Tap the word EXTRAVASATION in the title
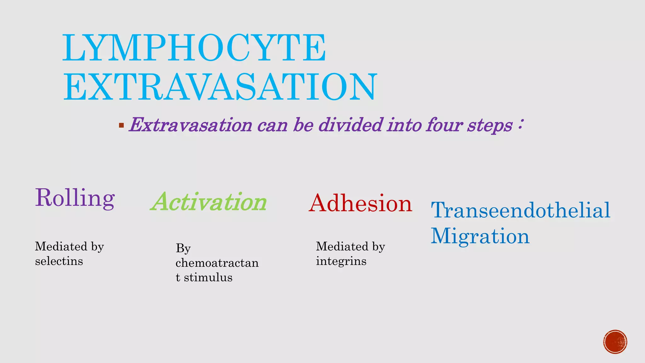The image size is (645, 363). click(220, 87)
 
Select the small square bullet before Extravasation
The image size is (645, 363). click(121, 125)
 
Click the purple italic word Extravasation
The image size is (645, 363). click(191, 125)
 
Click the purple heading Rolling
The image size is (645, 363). click(75, 198)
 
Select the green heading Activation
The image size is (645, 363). click(209, 202)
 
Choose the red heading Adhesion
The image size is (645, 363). click(360, 203)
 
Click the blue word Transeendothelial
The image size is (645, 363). click(520, 210)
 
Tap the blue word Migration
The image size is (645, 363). click(480, 236)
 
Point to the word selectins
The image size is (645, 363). click(59, 261)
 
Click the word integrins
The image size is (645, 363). click(341, 261)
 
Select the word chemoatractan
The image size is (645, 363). click(217, 263)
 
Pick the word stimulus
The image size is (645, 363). click(208, 278)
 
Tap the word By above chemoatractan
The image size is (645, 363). click(183, 248)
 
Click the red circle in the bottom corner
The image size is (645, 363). click(615, 342)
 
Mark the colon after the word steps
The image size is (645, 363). click(520, 124)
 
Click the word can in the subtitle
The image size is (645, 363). click(272, 125)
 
